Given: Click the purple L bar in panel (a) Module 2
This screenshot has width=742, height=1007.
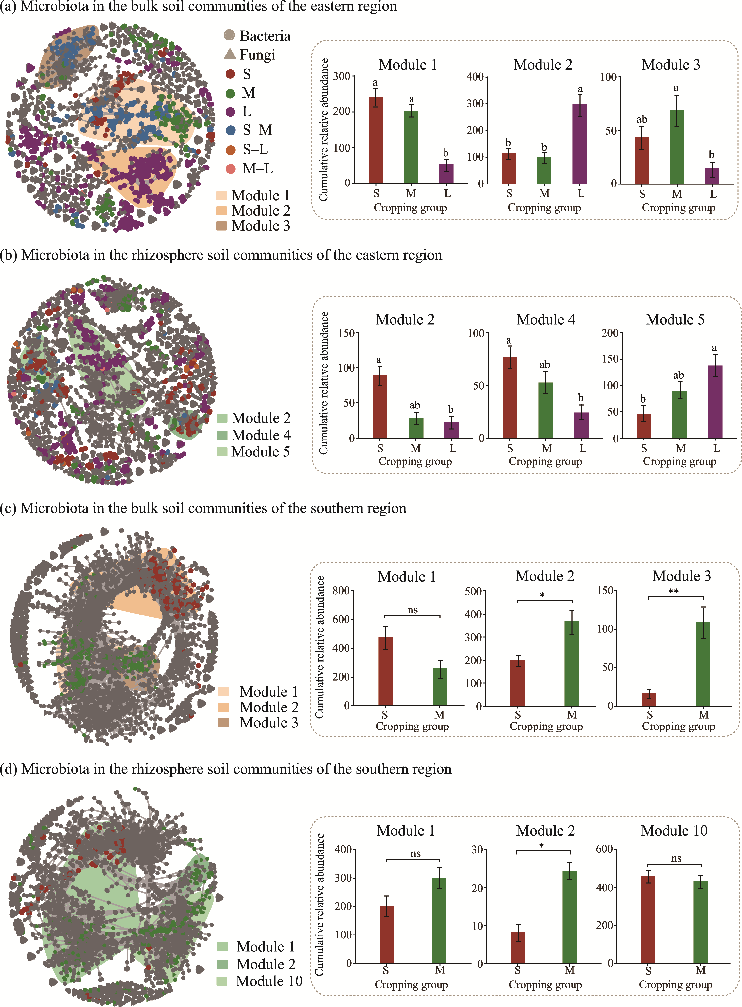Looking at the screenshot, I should pyautogui.click(x=579, y=144).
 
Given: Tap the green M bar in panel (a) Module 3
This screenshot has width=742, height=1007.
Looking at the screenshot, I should pyautogui.click(x=677, y=147).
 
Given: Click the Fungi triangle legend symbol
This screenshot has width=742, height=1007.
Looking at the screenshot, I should pyautogui.click(x=230, y=54).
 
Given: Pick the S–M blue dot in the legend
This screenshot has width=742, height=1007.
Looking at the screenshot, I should pyautogui.click(x=230, y=130).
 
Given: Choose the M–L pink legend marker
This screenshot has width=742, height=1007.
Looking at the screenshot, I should pyautogui.click(x=230, y=169).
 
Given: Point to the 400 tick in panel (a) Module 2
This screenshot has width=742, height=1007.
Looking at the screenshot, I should pyautogui.click(x=475, y=77).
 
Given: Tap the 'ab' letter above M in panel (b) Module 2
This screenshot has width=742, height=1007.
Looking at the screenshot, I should pyautogui.click(x=415, y=405).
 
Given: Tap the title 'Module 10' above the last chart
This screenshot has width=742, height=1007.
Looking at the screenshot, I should pyautogui.click(x=674, y=830).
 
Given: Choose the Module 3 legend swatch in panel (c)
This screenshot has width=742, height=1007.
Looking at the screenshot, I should pyautogui.click(x=223, y=723).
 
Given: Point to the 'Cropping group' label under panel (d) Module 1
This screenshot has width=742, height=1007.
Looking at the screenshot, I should pyautogui.click(x=411, y=985).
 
